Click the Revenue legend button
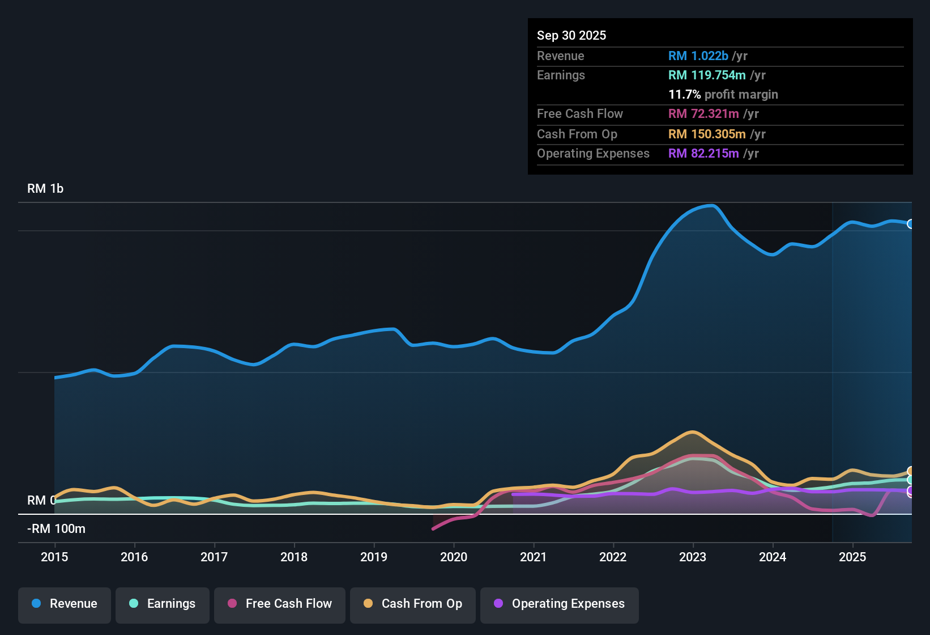click(65, 604)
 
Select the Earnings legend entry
click(163, 604)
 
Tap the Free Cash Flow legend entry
click(280, 604)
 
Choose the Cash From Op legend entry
click(413, 604)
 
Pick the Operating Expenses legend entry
click(560, 604)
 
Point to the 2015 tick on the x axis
click(54, 557)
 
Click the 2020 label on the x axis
click(454, 557)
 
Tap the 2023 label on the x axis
click(693, 557)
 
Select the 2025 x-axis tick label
click(852, 557)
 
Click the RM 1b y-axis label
click(45, 188)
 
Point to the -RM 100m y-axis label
click(56, 528)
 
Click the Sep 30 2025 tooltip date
click(571, 35)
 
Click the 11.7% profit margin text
click(723, 94)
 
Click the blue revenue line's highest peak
click(712, 205)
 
